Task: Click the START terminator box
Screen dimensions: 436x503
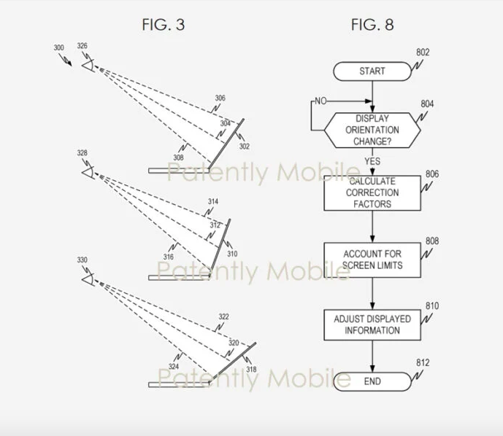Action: coord(372,71)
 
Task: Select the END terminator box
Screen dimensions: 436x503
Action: coord(372,381)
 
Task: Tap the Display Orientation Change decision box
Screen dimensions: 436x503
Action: coord(372,130)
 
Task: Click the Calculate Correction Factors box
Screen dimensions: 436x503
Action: coord(372,192)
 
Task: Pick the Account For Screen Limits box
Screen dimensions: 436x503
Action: coord(372,260)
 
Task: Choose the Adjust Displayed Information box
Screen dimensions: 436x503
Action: coord(372,324)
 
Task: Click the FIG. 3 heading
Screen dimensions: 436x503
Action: coord(163,26)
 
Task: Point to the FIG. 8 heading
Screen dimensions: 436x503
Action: coord(372,26)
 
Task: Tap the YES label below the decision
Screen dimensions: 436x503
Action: coord(372,161)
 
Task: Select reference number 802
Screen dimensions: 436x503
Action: coord(423,52)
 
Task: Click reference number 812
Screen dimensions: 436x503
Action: coord(423,362)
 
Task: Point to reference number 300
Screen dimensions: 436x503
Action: coord(59,48)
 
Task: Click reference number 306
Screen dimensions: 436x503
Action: coord(220,98)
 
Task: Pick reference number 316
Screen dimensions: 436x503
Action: coord(169,257)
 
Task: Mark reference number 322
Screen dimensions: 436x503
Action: coord(223,316)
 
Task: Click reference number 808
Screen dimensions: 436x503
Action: coord(432,241)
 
